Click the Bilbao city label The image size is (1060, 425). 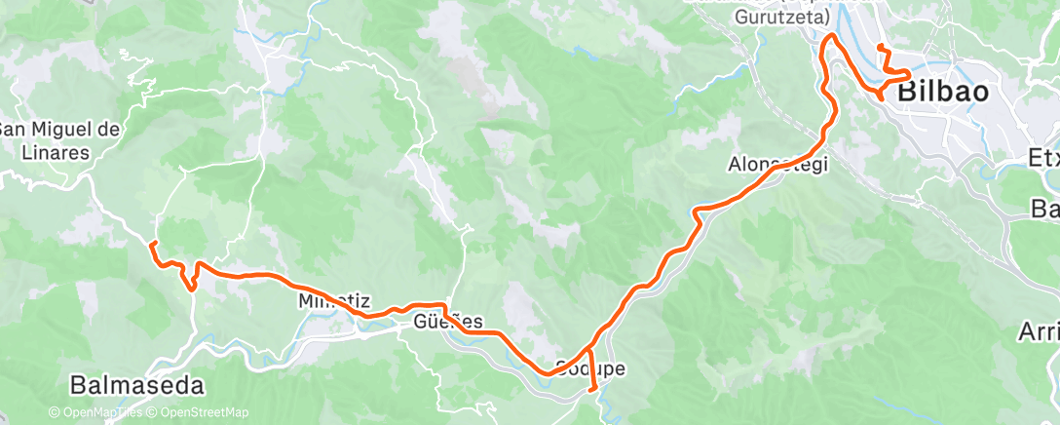pyautogui.click(x=942, y=94)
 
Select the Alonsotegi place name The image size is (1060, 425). pyautogui.click(x=778, y=165)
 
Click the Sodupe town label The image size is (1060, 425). pyautogui.click(x=589, y=369)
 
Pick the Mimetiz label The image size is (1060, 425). pyautogui.click(x=326, y=302)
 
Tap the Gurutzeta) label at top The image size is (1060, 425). pyautogui.click(x=783, y=18)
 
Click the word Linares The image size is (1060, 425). pyautogui.click(x=57, y=152)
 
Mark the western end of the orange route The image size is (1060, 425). pyautogui.click(x=154, y=242)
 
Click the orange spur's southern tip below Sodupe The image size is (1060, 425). pyautogui.click(x=594, y=390)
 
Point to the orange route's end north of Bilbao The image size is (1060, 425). pyautogui.click(x=880, y=47)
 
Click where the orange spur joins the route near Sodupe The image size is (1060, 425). pyautogui.click(x=590, y=348)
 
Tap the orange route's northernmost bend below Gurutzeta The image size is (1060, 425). pyautogui.click(x=831, y=36)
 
